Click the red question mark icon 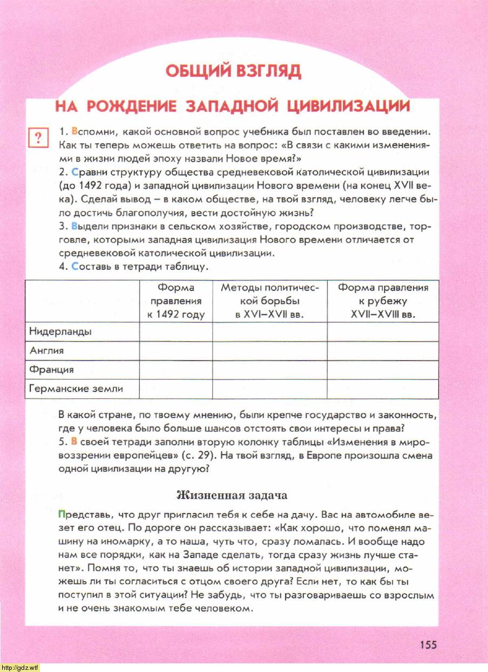(x=38, y=138)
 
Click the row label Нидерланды (x=60, y=331)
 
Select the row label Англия (x=46, y=351)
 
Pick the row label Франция (x=51, y=370)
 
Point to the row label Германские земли (x=76, y=389)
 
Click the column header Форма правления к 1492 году (x=176, y=301)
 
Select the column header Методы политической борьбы (x=270, y=301)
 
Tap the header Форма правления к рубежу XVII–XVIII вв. (x=383, y=301)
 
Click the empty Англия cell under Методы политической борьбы (x=270, y=351)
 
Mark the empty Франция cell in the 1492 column (x=176, y=370)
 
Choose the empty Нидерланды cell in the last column (x=383, y=331)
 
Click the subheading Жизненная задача (x=232, y=495)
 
